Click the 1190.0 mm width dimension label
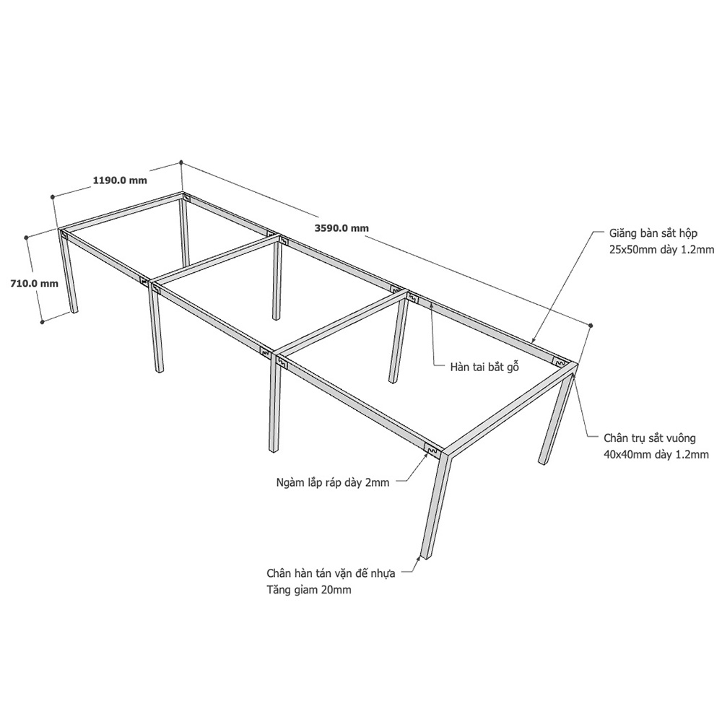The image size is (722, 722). coord(120,180)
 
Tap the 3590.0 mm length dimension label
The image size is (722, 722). coord(342,227)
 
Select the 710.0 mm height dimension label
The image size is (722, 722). coord(35,283)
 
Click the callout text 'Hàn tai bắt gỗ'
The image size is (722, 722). coord(484,367)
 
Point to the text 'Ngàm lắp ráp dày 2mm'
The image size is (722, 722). coord(333,482)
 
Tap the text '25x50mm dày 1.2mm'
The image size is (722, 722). coord(658,250)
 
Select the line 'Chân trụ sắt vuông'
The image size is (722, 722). coord(650,438)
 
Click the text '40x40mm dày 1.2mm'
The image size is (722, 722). coord(656,455)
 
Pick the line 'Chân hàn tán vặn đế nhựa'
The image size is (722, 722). coord(331,573)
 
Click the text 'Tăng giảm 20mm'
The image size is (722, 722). coord(308,590)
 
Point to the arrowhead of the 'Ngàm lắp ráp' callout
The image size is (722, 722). coord(426,454)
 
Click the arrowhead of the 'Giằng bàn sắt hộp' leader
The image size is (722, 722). coord(534,340)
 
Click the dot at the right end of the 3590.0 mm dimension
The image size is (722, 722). coord(591,326)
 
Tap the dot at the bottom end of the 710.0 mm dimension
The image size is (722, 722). coord(42,322)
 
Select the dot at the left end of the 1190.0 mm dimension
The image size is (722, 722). coord(53,196)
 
